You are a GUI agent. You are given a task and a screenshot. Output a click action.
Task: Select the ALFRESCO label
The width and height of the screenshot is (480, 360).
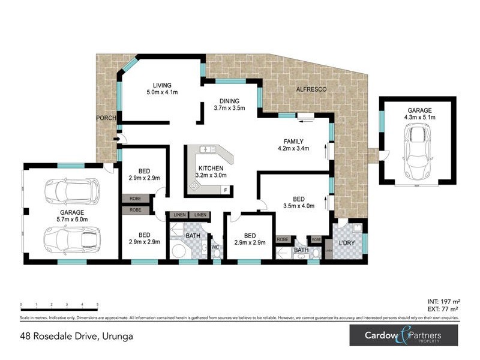[311, 89]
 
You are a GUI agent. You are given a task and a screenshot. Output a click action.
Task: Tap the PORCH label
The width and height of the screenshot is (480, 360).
[106, 118]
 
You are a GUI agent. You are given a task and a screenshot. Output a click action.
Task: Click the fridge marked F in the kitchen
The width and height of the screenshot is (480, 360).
[225, 190]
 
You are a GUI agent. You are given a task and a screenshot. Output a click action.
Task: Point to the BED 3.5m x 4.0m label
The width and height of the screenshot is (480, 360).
[299, 202]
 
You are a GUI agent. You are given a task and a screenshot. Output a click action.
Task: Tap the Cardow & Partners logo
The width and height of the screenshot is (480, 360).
[403, 335]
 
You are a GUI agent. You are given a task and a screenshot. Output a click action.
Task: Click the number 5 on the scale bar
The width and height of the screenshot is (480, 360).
[97, 304]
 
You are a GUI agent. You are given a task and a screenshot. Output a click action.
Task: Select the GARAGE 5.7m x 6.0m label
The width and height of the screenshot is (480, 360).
[71, 216]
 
